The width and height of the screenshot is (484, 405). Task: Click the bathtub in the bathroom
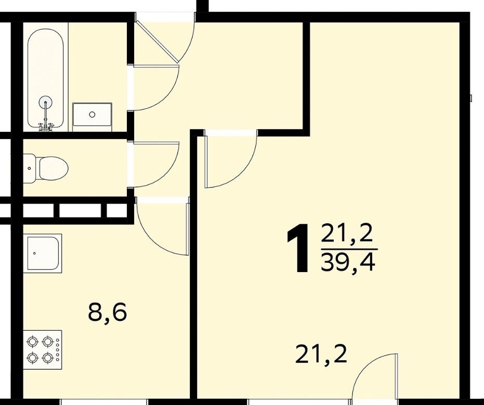[x=45, y=78]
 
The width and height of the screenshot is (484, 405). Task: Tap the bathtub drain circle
[x=46, y=102]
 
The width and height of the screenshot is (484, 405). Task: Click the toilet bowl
[x=54, y=169]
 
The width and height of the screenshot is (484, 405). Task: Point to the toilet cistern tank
[x=30, y=169]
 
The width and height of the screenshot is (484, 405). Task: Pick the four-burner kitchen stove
[x=43, y=350]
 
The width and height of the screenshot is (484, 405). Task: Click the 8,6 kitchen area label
[x=107, y=313]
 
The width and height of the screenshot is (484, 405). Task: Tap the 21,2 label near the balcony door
[x=321, y=355]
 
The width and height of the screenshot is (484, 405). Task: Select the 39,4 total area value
[x=348, y=263]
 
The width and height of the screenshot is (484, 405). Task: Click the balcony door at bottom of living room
[x=374, y=379]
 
